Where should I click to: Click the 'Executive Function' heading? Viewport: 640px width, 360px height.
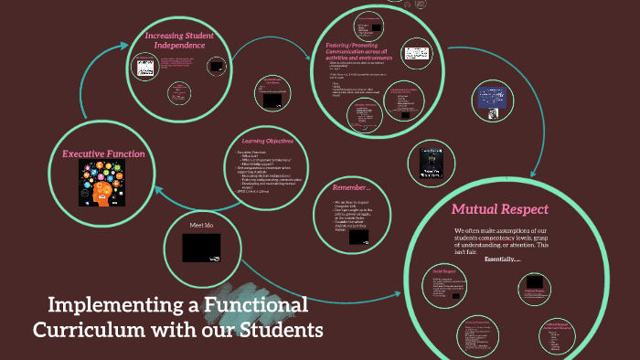click(x=103, y=154)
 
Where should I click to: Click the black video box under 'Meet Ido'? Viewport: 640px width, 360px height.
click(x=201, y=248)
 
